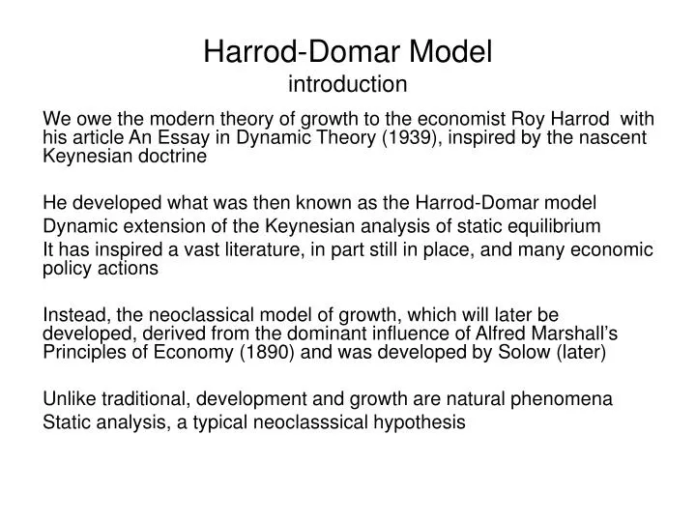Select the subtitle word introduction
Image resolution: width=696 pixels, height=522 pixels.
tap(348, 83)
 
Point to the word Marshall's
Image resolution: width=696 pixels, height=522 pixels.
tap(577, 333)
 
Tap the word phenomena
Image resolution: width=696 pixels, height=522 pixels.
tap(569, 398)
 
